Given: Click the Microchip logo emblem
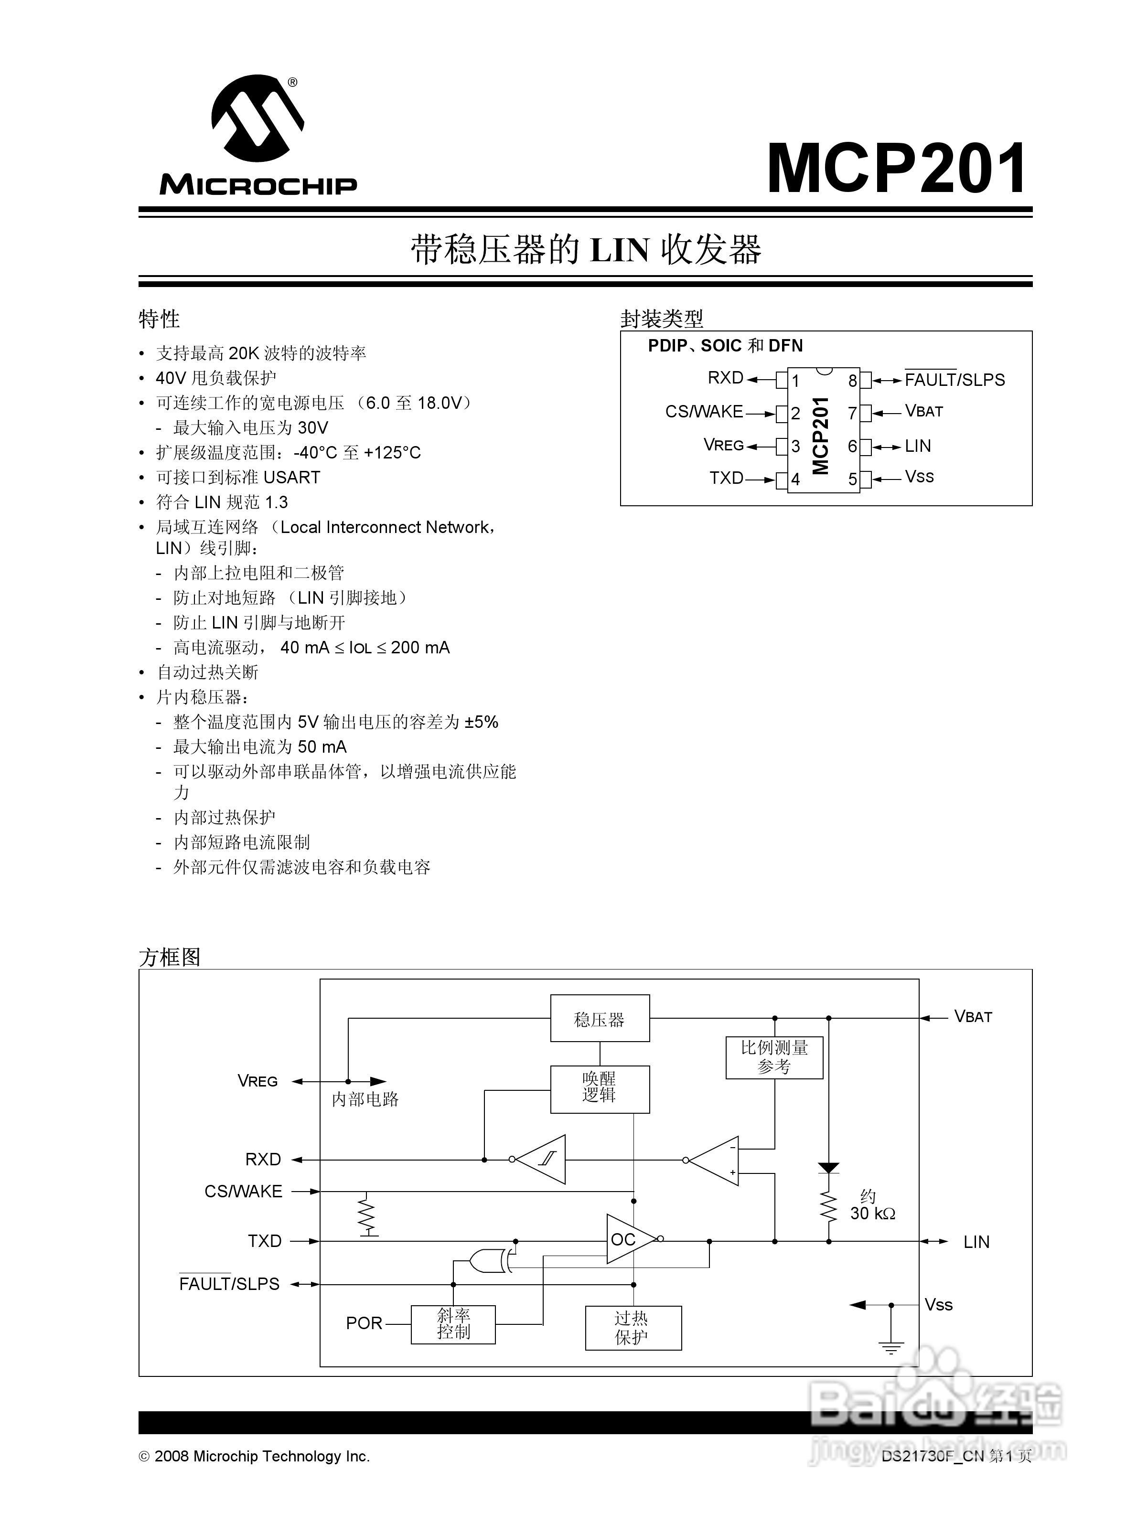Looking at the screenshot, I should [257, 120].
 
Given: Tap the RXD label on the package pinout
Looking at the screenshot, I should [725, 378].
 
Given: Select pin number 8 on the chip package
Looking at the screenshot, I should [852, 380].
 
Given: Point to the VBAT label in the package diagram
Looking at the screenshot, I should [923, 411].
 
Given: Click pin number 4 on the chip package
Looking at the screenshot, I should [795, 479].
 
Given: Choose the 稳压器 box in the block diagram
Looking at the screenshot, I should [599, 1019].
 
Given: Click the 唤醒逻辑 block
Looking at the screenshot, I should [599, 1088].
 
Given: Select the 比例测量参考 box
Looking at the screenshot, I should [774, 1057].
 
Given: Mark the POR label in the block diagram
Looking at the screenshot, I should [364, 1323].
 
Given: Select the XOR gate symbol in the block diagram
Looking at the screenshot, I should [488, 1261].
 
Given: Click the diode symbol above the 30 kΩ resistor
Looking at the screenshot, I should [828, 1168].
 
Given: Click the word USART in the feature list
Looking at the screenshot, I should [291, 478].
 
